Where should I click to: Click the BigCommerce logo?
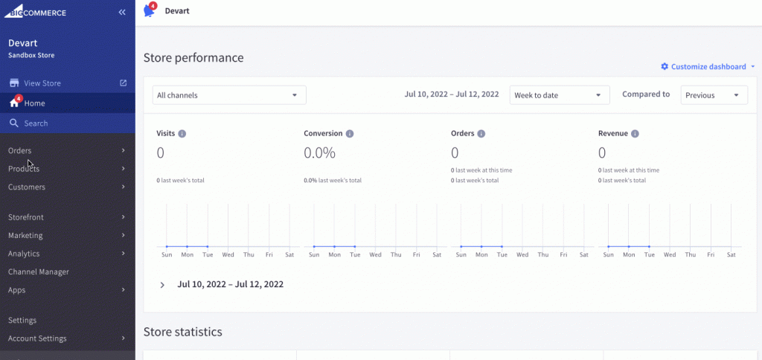[38, 13]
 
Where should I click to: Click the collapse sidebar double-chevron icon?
[122, 13]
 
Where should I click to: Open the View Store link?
[42, 83]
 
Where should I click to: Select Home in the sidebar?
[34, 103]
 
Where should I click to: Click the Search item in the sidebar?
[36, 123]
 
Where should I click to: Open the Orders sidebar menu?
[20, 151]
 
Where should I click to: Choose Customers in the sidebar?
[27, 187]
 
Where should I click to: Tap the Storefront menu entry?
[26, 217]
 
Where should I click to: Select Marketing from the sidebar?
[25, 236]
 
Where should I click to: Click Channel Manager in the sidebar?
[39, 272]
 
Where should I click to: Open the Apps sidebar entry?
[17, 290]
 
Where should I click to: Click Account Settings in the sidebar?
[37, 338]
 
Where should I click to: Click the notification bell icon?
[149, 11]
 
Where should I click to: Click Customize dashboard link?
[708, 67]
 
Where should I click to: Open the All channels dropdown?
[229, 95]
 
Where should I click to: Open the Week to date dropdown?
[560, 95]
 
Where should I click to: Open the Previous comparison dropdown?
[714, 95]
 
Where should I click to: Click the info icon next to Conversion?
[350, 134]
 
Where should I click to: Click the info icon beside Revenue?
[635, 134]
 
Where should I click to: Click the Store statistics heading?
[182, 332]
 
